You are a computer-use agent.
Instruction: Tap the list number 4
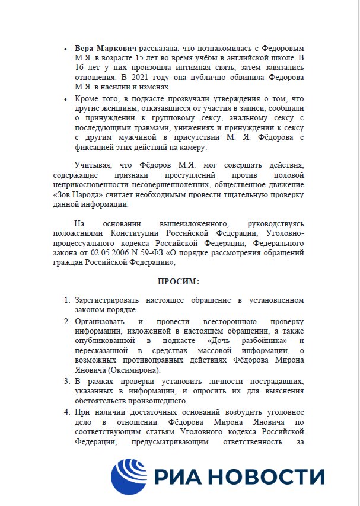point(67,412)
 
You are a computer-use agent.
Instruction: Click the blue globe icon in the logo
point(129,477)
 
